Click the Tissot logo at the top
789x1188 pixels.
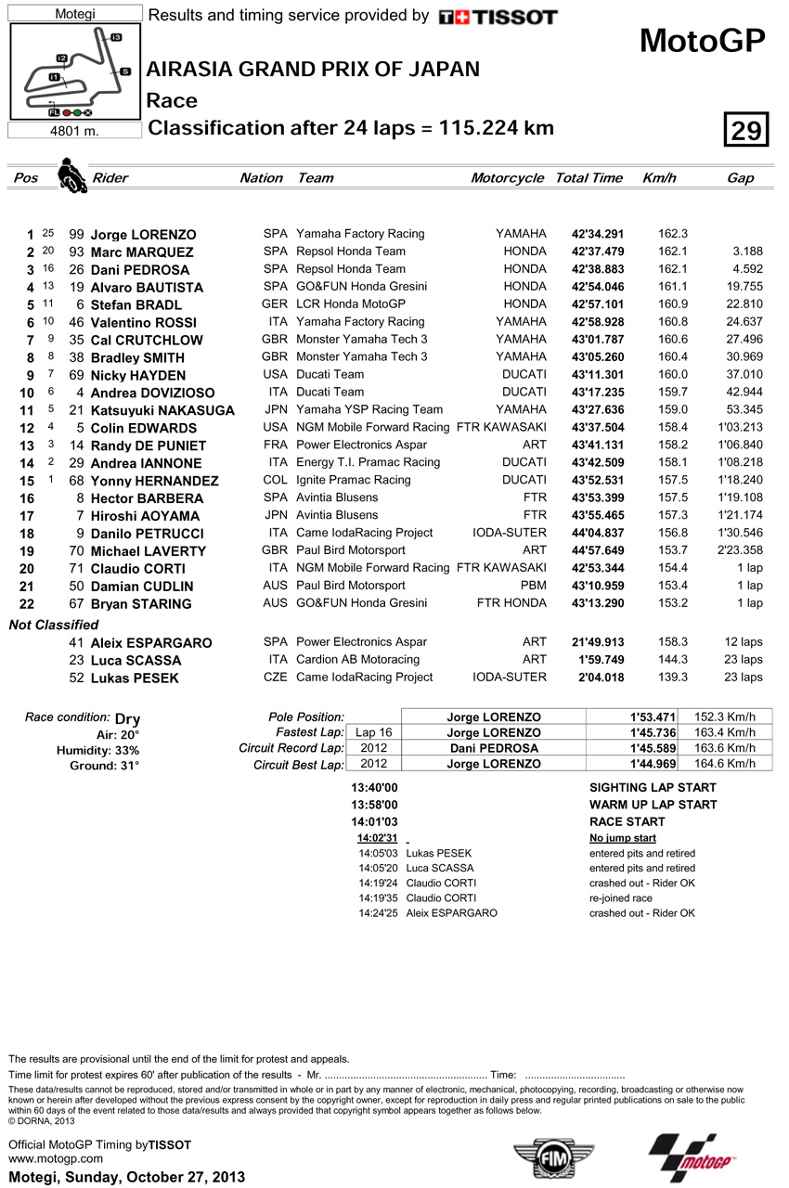498,17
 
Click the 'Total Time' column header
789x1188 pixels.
589,177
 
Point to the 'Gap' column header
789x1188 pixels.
740,177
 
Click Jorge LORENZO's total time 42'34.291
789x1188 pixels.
597,234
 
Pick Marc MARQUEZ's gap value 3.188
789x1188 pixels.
746,252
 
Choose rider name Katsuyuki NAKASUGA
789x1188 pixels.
162,410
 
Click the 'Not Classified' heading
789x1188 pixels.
54,625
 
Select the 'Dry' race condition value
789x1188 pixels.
127,718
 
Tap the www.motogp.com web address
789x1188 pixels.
43,1159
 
